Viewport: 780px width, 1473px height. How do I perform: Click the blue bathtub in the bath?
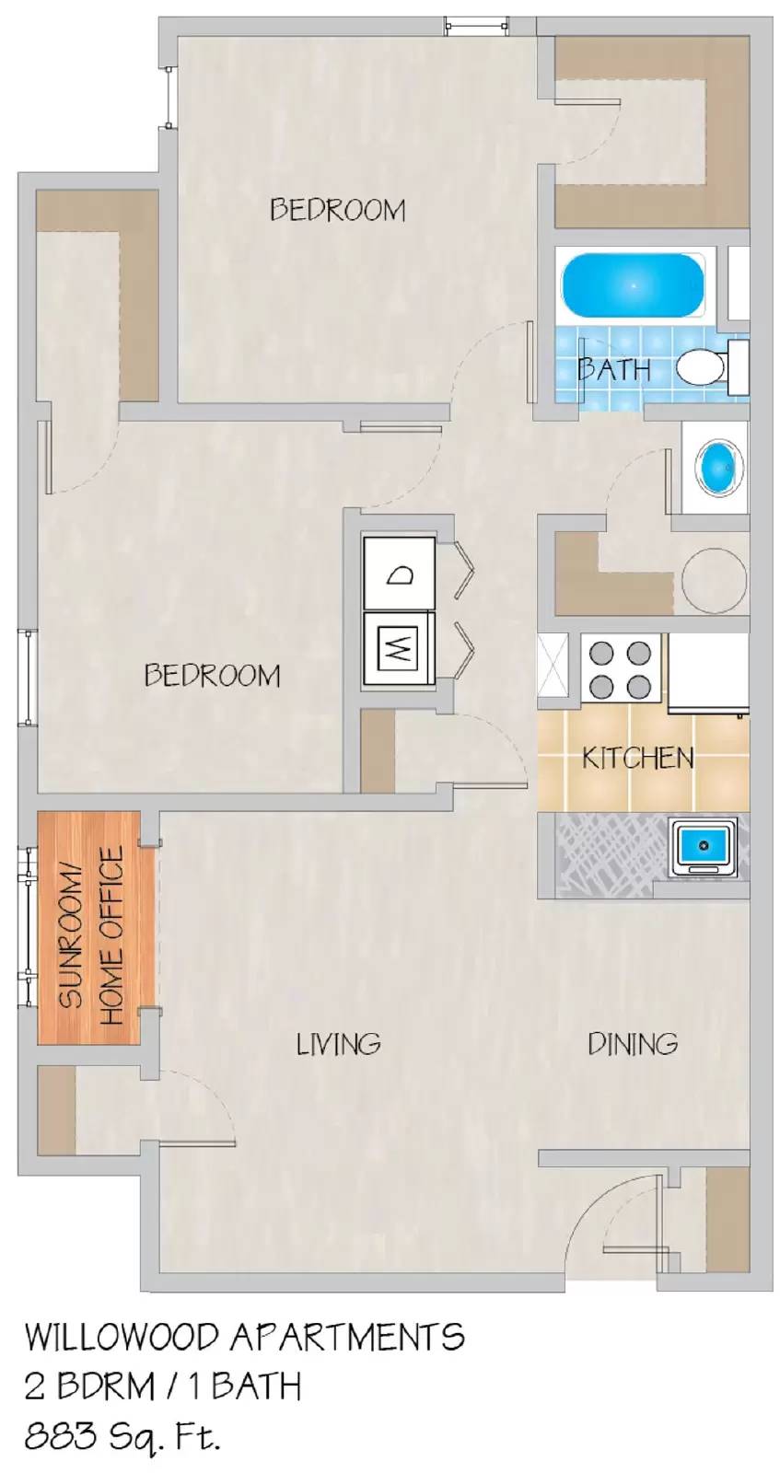(633, 285)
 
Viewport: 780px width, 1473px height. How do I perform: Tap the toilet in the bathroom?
(711, 366)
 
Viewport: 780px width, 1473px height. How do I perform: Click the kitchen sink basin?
(704, 847)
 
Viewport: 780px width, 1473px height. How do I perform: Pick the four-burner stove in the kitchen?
(621, 670)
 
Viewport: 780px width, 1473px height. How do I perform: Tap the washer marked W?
(400, 650)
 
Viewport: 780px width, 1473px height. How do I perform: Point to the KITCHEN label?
(637, 759)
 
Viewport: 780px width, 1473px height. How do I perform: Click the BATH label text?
(614, 370)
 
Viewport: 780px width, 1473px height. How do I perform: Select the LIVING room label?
(338, 1044)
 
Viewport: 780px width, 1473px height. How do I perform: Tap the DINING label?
(633, 1044)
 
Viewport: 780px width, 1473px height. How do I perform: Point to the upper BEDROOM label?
(337, 210)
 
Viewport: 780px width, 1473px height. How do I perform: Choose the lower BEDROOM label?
(212, 676)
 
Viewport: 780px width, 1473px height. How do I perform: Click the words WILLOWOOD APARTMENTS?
(244, 1337)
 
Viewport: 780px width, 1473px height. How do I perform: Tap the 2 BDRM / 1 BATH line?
(162, 1386)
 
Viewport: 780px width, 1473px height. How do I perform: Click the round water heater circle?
(714, 581)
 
